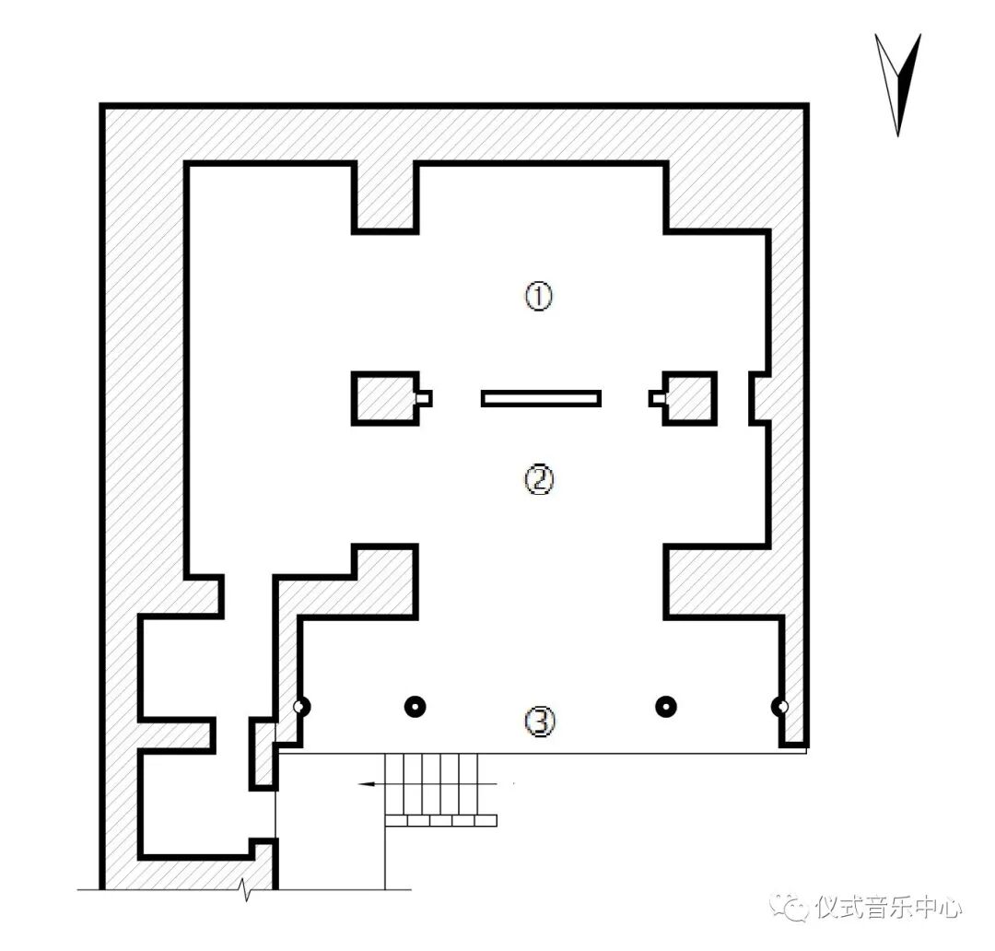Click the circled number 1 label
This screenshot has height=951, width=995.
[539, 296]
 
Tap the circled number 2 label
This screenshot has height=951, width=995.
[539, 479]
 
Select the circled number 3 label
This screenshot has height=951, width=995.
[540, 722]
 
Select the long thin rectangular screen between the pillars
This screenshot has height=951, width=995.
[541, 398]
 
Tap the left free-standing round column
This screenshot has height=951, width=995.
[415, 707]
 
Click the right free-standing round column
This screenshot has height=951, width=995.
[665, 707]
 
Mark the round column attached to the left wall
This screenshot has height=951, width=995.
[299, 707]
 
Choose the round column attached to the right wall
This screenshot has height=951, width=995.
[781, 707]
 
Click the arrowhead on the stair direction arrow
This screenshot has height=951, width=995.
[366, 784]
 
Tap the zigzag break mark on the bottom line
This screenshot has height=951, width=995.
[246, 889]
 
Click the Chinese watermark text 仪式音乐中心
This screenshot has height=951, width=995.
[888, 908]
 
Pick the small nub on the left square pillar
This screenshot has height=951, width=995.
[425, 398]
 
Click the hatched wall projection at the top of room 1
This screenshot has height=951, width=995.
[385, 197]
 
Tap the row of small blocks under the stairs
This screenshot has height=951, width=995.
[440, 820]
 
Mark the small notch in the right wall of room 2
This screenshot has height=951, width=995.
[759, 398]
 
